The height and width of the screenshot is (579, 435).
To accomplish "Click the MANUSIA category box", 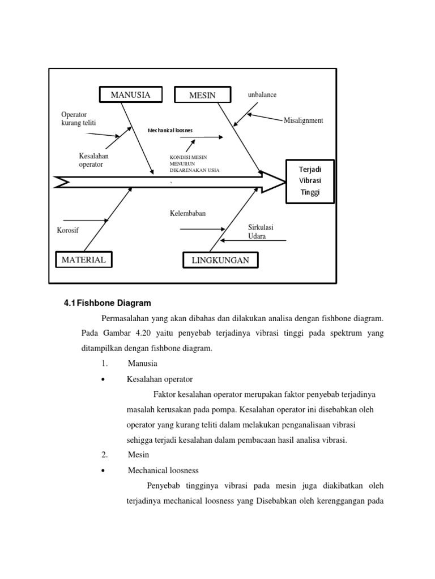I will tap(130, 94).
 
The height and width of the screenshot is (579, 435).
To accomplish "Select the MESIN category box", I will tap(202, 95).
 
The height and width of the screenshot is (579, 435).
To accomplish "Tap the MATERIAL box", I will tap(83, 260).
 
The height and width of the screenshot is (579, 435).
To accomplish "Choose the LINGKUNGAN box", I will tap(220, 260).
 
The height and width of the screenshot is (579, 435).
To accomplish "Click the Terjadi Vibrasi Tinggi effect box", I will tap(310, 181).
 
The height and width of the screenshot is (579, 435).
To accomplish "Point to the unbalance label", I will tap(262, 94).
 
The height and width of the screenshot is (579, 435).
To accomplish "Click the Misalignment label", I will tap(303, 120).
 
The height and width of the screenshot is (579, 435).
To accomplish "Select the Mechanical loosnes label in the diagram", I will tap(170, 130).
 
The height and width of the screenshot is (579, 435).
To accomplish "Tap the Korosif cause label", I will tap(68, 230).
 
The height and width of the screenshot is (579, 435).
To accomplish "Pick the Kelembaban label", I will tap(187, 213).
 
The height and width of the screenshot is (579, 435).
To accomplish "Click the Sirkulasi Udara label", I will tap(261, 232).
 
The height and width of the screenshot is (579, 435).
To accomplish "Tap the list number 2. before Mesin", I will tap(104, 454).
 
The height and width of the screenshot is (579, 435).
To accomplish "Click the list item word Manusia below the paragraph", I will tap(142, 363).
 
